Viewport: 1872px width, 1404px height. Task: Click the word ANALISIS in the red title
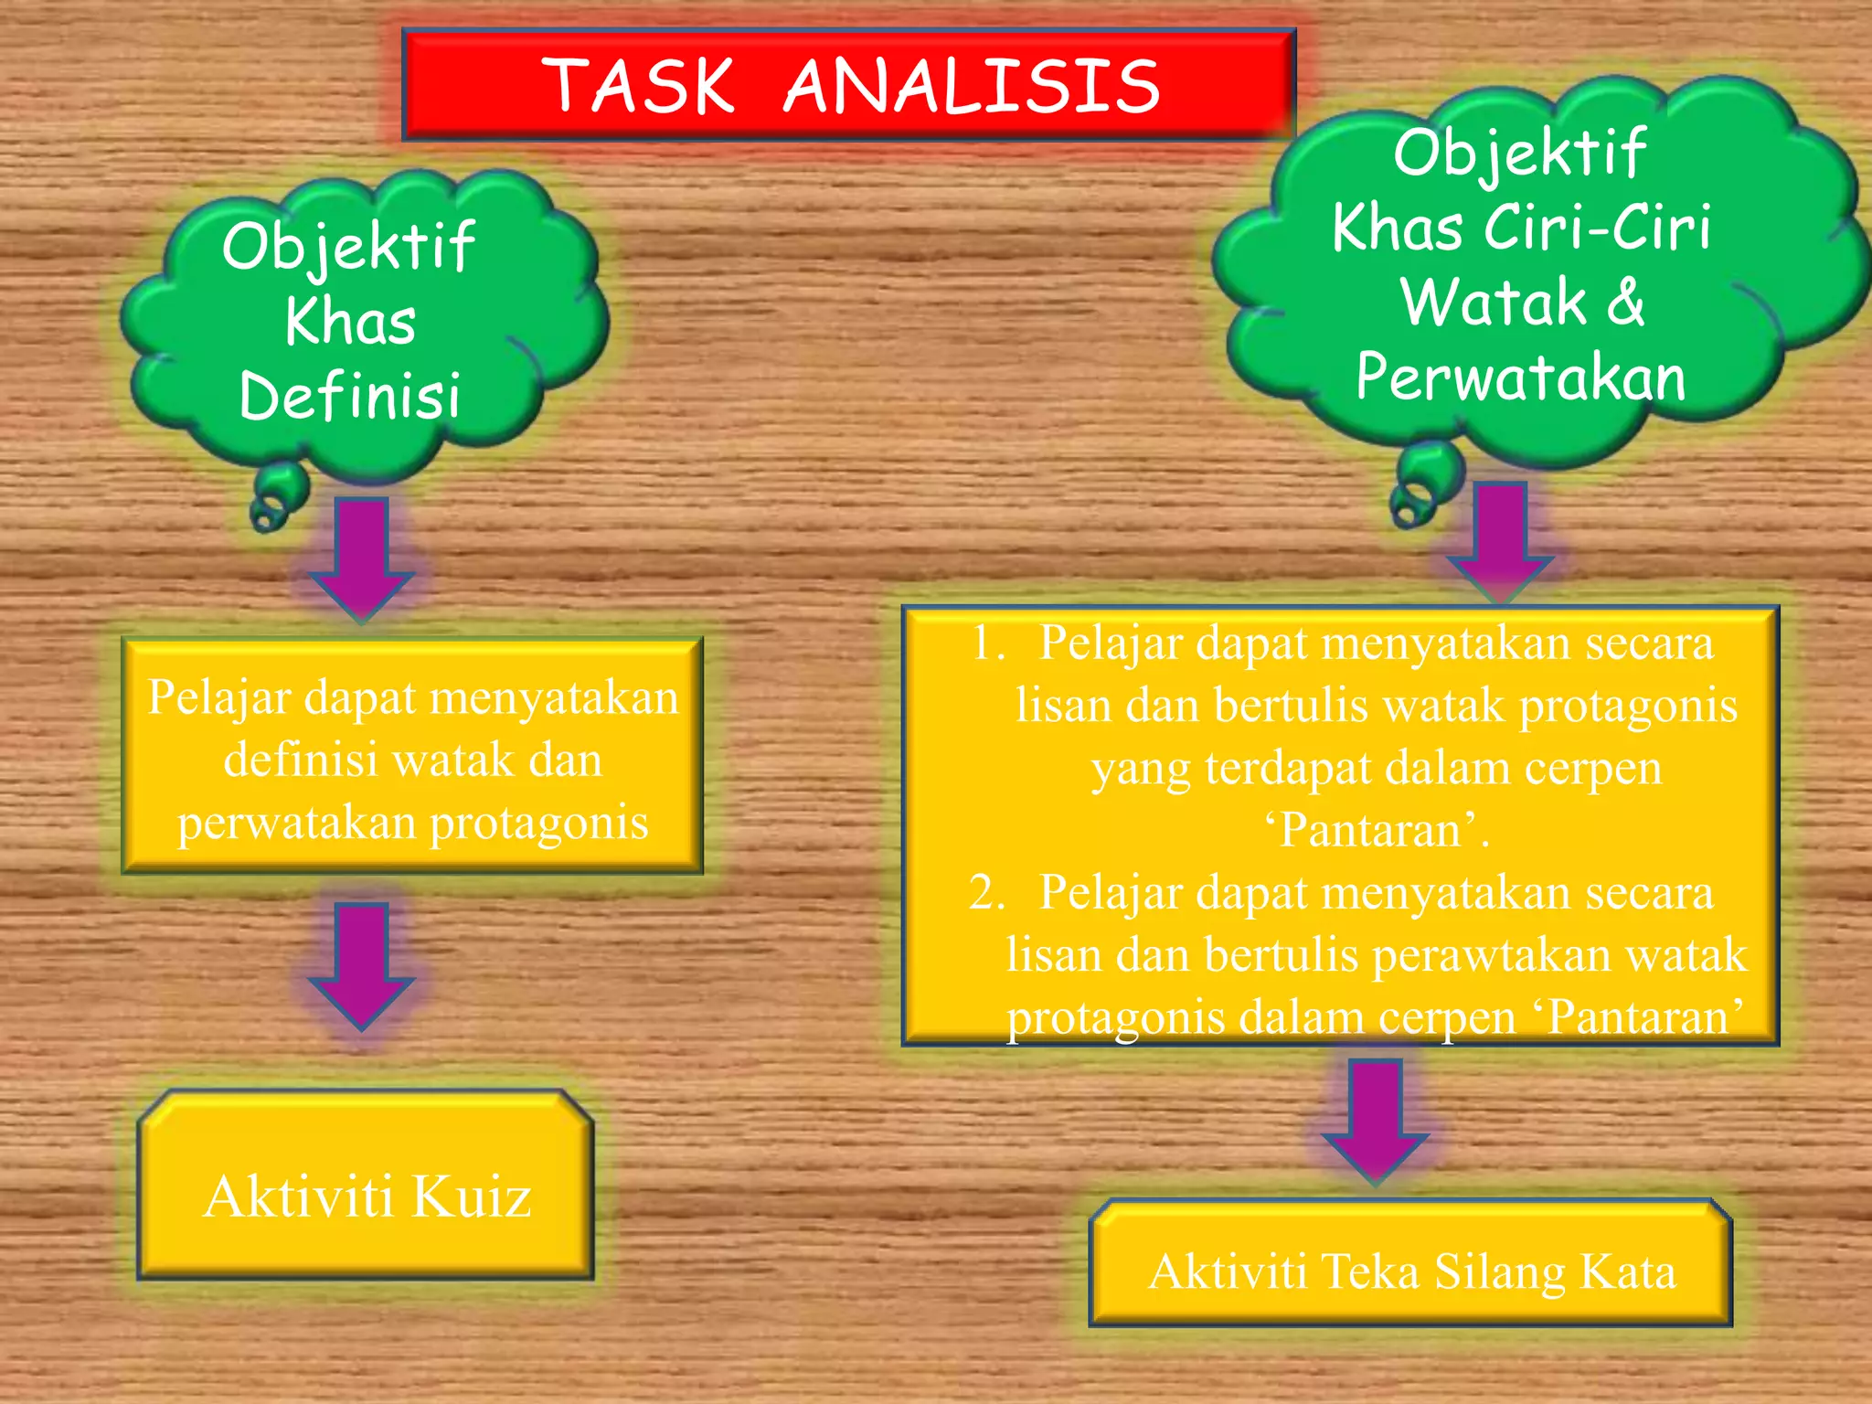point(972,86)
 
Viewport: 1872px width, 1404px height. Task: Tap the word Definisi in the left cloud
point(350,396)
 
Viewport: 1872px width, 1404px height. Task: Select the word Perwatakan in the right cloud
point(1520,377)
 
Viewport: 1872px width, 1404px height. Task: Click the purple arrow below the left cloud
point(362,558)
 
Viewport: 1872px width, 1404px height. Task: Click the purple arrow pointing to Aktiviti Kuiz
point(362,964)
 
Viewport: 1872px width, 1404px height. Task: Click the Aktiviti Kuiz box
point(366,1184)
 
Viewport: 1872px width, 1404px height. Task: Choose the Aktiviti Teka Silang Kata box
point(1410,1262)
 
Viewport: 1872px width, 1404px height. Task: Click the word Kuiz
point(472,1197)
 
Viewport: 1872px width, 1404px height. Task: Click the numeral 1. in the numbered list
point(988,643)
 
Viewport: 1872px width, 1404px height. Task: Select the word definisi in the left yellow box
point(301,760)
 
